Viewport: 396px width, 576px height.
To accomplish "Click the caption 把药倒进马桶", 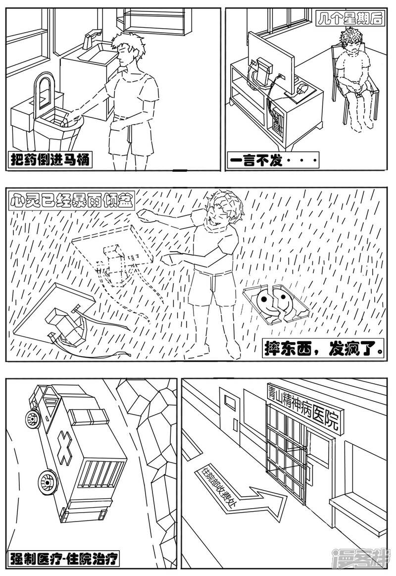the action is click(50, 160).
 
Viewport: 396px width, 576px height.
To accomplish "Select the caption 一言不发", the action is click(272, 160).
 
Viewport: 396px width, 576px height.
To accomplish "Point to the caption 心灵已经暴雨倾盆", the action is click(71, 201).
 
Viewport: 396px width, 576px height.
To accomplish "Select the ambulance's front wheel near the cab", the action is click(33, 419).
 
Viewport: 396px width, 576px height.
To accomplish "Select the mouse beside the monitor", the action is click(302, 90).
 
